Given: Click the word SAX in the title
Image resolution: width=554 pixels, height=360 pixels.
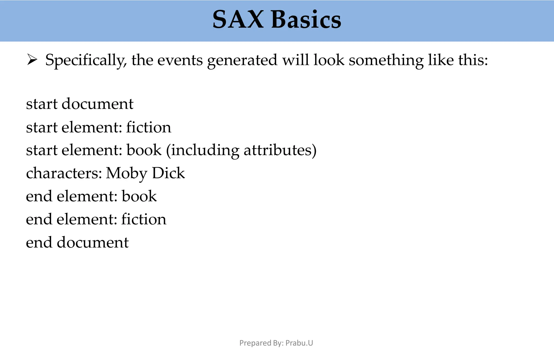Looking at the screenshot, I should click(238, 20).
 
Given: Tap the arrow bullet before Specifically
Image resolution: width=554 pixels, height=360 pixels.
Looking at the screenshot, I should click(32, 60).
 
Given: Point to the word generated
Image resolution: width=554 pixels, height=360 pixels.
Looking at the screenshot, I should click(242, 60).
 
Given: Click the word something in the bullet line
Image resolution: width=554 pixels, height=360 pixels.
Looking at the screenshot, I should click(386, 60).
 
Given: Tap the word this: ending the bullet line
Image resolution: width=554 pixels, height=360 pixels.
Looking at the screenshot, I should click(473, 60).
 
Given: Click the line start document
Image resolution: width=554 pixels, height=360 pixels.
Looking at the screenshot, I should click(80, 104).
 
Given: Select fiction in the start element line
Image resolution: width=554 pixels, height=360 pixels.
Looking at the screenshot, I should click(149, 127).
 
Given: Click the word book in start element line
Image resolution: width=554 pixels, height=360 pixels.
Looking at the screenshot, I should click(144, 150).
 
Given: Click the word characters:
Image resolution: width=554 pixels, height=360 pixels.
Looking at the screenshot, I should click(64, 173).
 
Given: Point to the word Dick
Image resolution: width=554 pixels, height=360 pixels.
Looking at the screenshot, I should click(168, 173).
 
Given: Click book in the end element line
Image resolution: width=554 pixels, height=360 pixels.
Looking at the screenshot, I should click(139, 196).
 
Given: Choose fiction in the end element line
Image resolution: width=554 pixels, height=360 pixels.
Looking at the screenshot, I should click(143, 219).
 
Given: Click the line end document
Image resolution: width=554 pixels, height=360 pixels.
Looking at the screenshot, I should click(77, 242).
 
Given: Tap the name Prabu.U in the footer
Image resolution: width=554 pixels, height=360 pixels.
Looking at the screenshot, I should click(299, 343).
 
